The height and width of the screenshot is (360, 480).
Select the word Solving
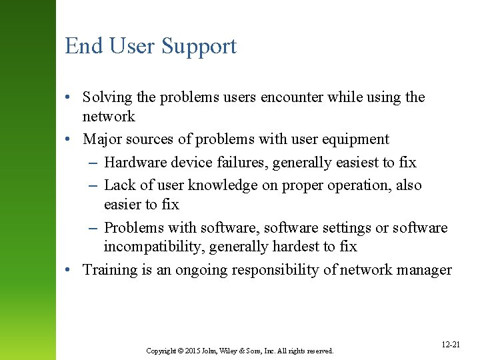click(108, 97)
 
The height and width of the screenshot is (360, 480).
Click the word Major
click(103, 139)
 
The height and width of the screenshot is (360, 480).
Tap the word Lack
click(120, 185)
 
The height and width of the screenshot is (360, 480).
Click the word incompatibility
click(154, 247)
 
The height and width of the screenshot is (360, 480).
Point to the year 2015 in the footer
click(191, 350)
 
